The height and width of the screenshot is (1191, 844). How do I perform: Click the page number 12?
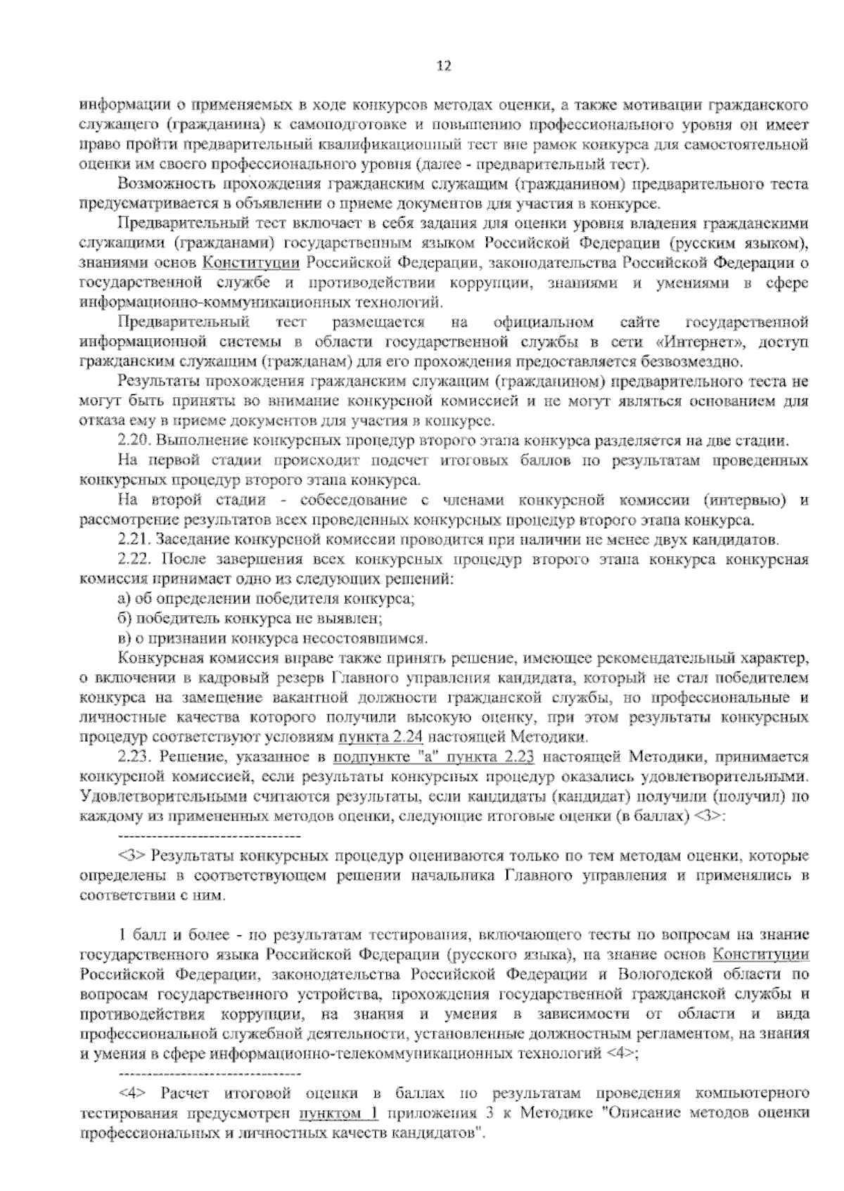443,67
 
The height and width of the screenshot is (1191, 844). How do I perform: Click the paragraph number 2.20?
132,442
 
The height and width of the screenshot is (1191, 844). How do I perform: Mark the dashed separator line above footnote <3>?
210,837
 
